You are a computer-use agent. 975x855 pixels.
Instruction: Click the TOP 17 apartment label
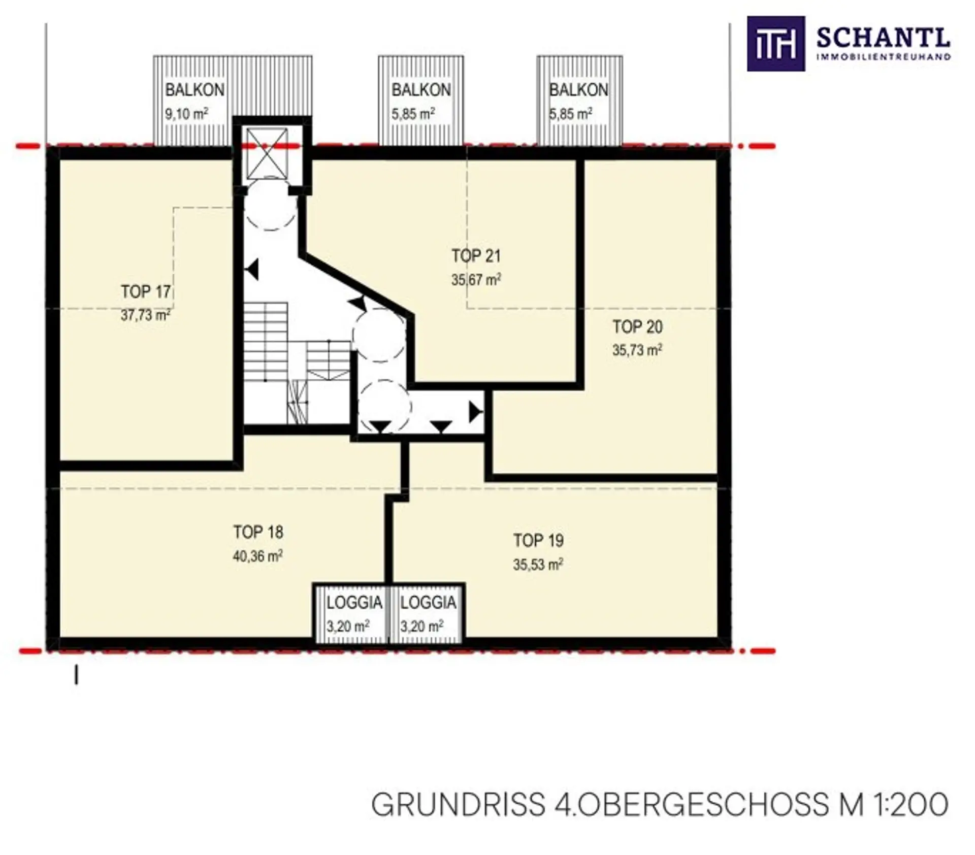coord(146,292)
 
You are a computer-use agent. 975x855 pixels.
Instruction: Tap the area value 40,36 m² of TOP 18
coord(258,556)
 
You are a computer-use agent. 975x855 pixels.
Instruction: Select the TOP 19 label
coord(538,540)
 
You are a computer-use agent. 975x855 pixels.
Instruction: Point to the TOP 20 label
coord(637,326)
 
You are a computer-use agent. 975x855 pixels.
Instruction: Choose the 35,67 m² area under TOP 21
coord(476,279)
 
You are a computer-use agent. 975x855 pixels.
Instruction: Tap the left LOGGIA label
coord(354,603)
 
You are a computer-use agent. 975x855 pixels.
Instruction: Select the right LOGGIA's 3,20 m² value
coord(422,626)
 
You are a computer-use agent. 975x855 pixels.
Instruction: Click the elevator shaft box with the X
coord(267,153)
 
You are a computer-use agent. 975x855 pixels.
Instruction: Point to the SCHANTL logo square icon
coord(775,44)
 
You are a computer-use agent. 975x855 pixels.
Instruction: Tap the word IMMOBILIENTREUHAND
coord(883,57)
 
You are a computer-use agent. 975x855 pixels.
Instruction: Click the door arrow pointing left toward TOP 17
coord(252,270)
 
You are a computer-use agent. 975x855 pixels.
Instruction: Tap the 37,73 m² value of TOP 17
coord(146,315)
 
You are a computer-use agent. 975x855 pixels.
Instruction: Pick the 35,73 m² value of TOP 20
coord(637,350)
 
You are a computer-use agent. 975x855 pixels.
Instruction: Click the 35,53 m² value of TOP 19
coord(538,564)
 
